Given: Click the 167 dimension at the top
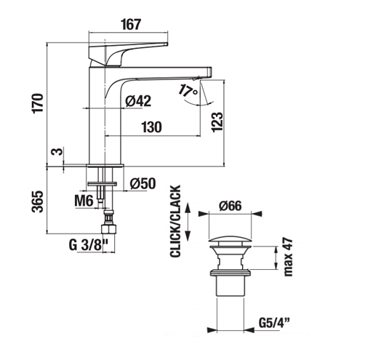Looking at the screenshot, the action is tap(131, 25).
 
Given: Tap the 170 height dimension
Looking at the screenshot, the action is tap(38, 103).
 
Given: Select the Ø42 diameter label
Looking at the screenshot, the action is tap(138, 100).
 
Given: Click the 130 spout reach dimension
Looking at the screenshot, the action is tap(151, 127).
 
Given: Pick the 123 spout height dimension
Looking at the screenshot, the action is tap(217, 122).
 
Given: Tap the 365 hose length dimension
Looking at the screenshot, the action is tap(38, 201).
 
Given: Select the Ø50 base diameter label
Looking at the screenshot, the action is tap(143, 183).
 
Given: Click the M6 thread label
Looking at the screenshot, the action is tap(84, 201).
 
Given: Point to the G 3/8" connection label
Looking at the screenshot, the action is tap(88, 245).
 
